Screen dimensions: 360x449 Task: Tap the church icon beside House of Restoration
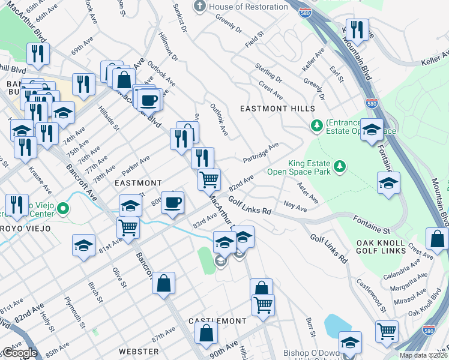[200, 7]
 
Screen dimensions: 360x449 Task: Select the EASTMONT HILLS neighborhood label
[277, 109]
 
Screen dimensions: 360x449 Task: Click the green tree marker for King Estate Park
[340, 165]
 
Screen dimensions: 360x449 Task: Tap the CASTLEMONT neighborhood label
[217, 322]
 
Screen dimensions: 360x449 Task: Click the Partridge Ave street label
[261, 152]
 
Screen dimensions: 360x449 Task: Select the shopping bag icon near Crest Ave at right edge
[436, 238]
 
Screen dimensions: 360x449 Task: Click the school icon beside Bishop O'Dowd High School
[350, 341]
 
